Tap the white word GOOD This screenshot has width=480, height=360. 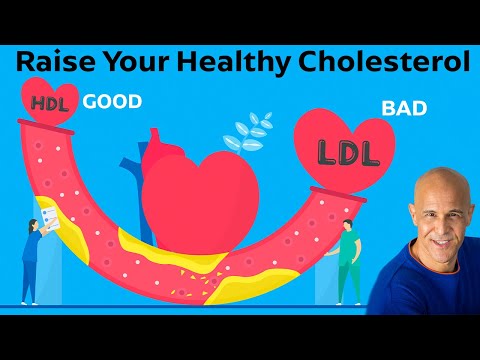point(111,102)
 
